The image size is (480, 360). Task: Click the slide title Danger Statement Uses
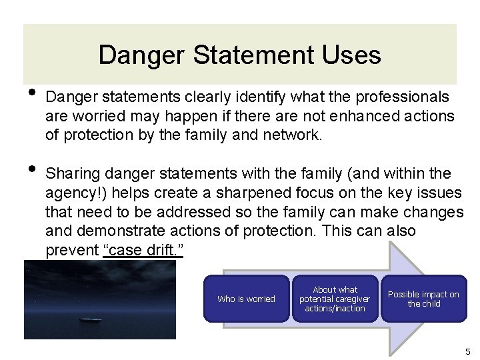(x=239, y=55)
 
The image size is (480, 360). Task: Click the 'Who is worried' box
(x=246, y=299)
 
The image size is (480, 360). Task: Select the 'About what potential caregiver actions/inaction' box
(x=335, y=299)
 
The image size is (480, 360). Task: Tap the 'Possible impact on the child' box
(x=423, y=299)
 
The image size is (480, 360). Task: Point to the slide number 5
(x=467, y=351)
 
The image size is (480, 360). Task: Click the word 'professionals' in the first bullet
(x=405, y=97)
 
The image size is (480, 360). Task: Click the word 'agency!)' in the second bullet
(x=72, y=193)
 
